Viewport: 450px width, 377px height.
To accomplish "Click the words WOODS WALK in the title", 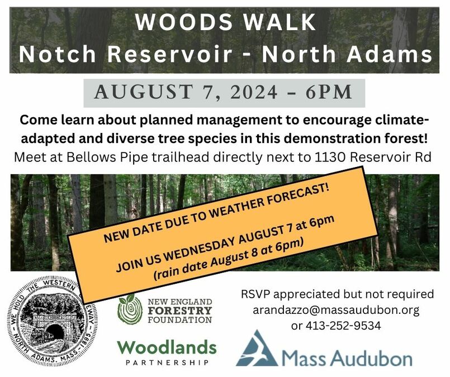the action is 226,22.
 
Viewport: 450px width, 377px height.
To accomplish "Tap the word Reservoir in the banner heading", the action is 169,54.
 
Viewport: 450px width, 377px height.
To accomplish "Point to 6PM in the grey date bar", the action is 329,92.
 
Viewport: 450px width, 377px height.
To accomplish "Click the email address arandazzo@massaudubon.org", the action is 336,310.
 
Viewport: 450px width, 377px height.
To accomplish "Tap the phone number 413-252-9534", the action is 343,326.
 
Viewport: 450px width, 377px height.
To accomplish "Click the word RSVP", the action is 254,294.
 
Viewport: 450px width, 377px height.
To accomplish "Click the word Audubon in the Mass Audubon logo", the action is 373,358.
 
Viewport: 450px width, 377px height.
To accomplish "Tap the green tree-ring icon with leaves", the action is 130,309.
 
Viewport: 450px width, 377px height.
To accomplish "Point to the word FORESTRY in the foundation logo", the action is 180,311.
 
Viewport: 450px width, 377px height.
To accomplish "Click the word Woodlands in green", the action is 167,347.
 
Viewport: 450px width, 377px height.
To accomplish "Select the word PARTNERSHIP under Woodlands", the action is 167,363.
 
